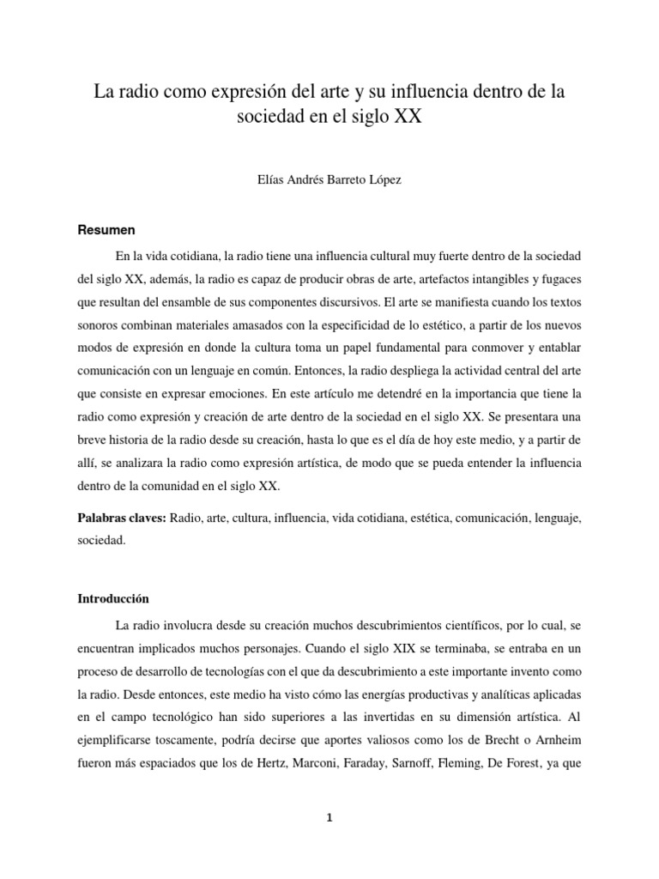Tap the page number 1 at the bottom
[329, 818]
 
